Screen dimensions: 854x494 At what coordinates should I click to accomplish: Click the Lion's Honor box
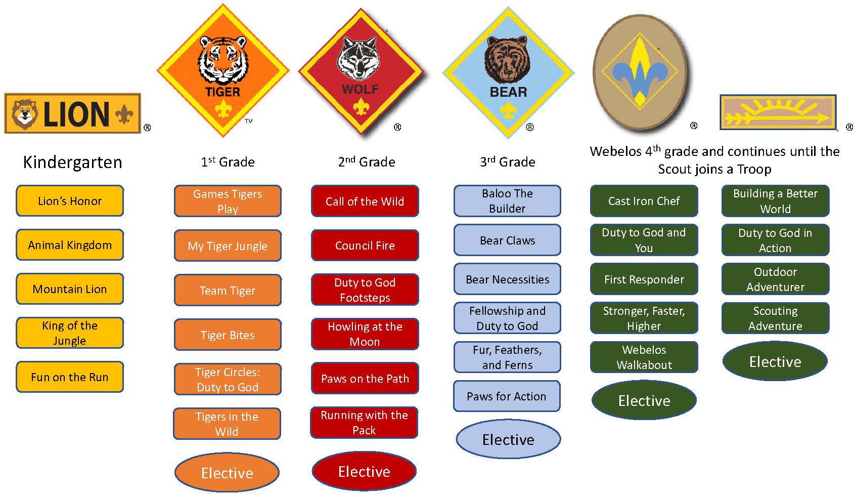pos(70,201)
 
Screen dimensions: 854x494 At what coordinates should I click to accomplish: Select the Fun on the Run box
pos(70,377)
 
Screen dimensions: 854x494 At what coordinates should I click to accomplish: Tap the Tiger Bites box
pos(228,335)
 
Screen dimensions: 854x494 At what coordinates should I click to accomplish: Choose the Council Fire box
pos(365,245)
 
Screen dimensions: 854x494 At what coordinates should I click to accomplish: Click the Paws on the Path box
pos(365,378)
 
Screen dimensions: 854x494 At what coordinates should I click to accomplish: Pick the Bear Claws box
pos(507,240)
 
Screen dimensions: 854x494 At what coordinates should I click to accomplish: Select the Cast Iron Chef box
pos(644,201)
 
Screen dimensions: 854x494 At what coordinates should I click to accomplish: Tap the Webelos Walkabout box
pos(644,357)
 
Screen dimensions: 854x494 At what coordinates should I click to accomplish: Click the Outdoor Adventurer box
pos(775,279)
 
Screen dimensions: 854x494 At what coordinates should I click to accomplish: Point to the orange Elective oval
pos(227,473)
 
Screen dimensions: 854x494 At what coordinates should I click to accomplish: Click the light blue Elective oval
pos(508,439)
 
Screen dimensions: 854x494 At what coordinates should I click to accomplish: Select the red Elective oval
pos(364,471)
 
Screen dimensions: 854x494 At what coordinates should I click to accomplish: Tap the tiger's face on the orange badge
pos(223,60)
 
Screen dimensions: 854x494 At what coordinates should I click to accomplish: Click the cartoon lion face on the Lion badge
pos(24,114)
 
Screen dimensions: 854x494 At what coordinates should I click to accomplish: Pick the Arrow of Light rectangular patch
pos(778,112)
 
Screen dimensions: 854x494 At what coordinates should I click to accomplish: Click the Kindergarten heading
pos(72,162)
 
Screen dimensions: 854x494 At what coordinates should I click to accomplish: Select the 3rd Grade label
pos(508,162)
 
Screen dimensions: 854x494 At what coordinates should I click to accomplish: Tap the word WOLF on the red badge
pos(361,90)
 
